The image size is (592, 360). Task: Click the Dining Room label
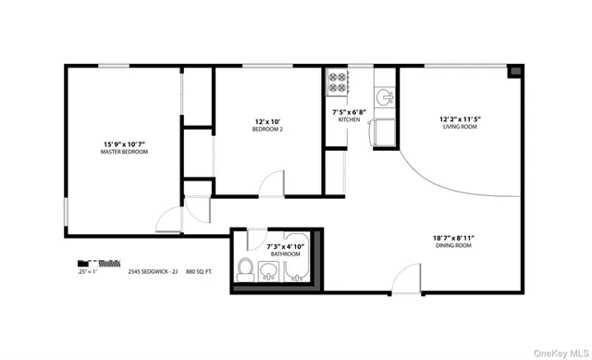453,246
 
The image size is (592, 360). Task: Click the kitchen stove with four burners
336,82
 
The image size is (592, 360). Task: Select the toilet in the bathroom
246,269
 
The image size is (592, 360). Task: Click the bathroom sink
267,271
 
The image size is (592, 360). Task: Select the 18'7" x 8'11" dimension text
453,238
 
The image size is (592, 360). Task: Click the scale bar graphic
99,263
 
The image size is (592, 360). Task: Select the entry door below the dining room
407,278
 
